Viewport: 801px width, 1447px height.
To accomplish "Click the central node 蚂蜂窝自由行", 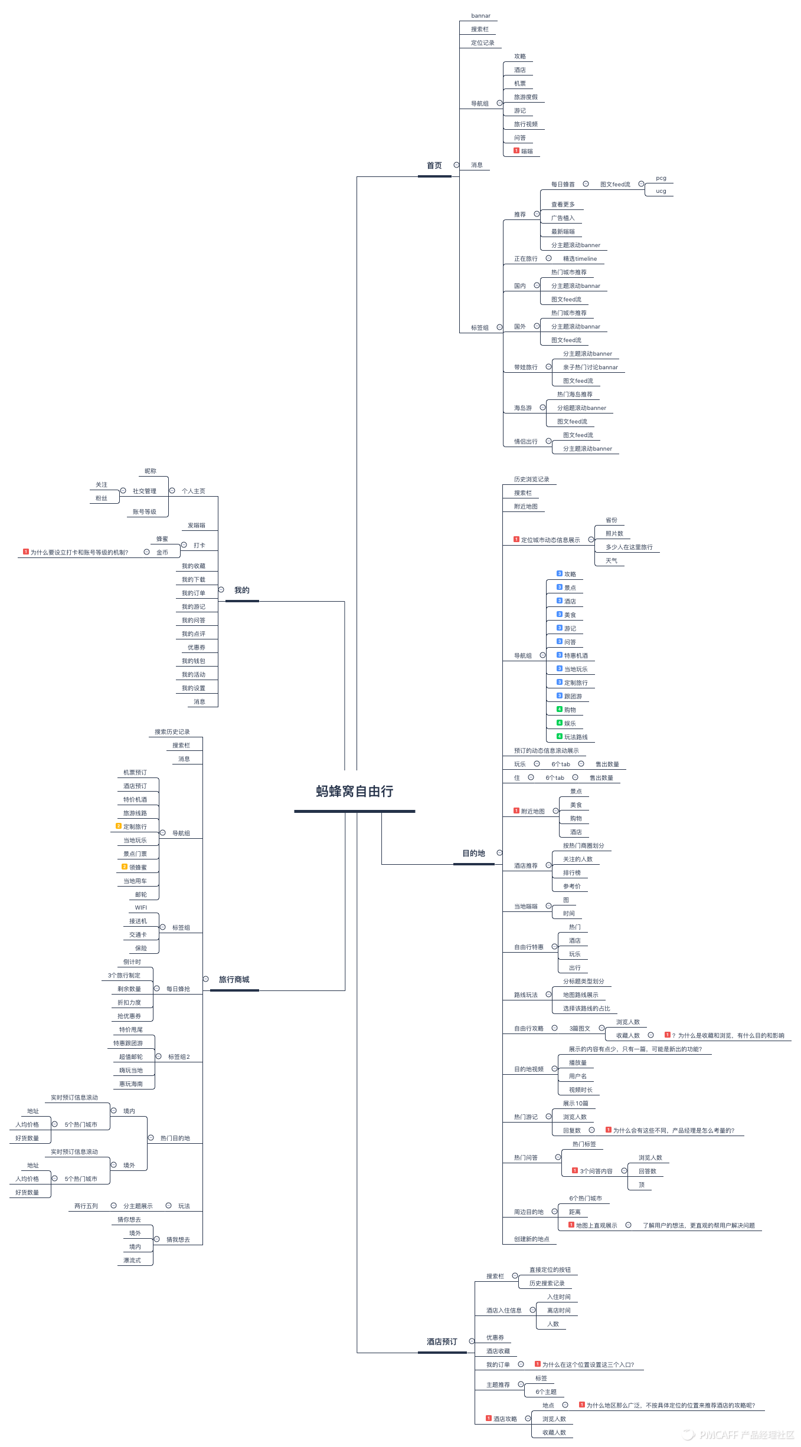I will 354,792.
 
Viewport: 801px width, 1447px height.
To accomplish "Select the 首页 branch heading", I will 434,166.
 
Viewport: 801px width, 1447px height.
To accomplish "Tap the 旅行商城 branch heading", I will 234,980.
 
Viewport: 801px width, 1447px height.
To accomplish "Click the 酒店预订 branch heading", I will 442,1342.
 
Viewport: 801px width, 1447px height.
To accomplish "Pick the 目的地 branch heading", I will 473,854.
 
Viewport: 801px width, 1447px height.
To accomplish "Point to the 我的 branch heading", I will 241,590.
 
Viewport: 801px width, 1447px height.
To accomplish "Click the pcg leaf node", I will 661,178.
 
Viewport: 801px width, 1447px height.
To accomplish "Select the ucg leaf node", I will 661,191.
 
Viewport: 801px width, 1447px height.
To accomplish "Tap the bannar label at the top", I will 480,16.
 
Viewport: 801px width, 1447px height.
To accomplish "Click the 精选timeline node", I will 580,259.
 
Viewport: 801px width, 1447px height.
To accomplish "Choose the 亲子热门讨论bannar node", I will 590,368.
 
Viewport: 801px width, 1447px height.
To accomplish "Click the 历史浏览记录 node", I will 531,480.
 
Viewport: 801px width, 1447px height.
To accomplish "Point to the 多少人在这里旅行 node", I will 629,547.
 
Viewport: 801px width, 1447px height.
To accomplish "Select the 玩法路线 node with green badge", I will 575,737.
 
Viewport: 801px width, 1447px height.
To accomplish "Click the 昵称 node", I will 151,471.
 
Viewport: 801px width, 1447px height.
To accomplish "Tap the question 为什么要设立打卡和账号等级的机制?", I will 79,553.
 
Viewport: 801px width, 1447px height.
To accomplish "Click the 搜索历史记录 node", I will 172,732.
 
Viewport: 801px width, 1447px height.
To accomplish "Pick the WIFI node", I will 141,908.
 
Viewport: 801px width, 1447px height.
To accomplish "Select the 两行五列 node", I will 86,1206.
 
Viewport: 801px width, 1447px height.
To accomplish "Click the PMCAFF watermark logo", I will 740,1435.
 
